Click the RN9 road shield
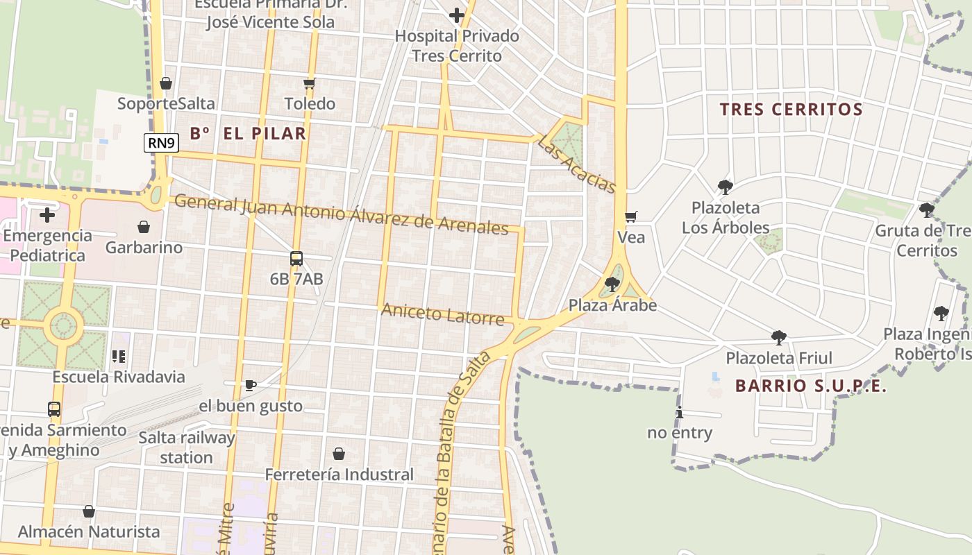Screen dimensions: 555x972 [x=162, y=143]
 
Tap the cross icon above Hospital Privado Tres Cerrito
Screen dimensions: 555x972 [x=457, y=15]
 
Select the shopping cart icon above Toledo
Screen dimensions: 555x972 [x=310, y=84]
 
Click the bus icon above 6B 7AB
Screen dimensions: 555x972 [x=296, y=259]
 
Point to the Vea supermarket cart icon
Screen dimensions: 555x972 [x=630, y=217]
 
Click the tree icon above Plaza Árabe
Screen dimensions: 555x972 [x=612, y=284]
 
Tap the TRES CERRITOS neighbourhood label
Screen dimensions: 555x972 [x=791, y=109]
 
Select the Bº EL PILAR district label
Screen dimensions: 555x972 [x=248, y=133]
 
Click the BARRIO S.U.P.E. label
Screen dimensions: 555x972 [x=811, y=386]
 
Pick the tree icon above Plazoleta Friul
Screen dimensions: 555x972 [x=779, y=338]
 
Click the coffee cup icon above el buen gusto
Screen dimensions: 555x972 [x=251, y=385]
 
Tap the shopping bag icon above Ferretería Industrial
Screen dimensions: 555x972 [x=339, y=454]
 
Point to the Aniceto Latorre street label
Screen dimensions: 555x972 [x=442, y=315]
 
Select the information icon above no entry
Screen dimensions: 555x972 [x=680, y=413]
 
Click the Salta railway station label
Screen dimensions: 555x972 [x=186, y=447]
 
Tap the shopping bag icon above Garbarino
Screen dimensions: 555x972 [x=144, y=227]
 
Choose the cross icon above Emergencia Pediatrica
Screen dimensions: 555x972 [x=47, y=215]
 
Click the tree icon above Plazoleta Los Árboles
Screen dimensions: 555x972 [x=726, y=187]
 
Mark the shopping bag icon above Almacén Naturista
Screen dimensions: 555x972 [x=89, y=511]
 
